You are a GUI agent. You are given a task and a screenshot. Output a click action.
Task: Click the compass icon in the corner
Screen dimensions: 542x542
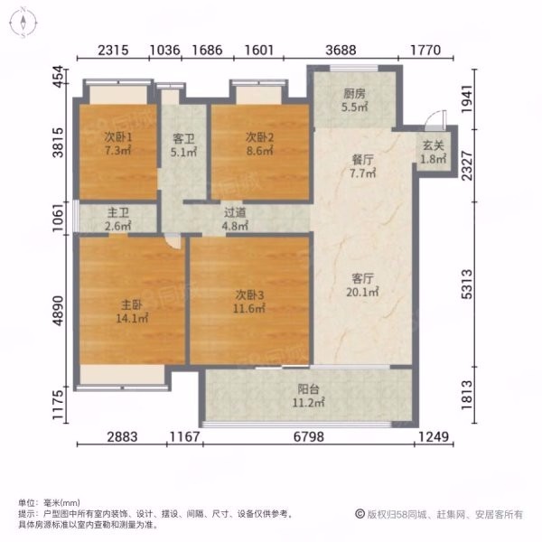click(x=23, y=23)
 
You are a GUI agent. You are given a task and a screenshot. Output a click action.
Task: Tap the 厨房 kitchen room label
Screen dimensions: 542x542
click(x=354, y=94)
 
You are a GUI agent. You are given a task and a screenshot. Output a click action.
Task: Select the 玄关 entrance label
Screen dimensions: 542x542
click(x=433, y=145)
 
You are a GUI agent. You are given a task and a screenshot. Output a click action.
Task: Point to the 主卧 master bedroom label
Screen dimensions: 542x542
click(x=132, y=305)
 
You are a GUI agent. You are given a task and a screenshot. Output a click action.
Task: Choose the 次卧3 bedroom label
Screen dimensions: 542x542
click(x=249, y=294)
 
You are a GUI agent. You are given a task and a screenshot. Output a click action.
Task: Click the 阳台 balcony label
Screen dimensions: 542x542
click(x=308, y=389)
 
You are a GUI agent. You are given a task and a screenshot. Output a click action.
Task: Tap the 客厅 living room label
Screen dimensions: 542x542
click(x=362, y=278)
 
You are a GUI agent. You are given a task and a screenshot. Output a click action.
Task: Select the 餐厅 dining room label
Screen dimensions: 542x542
click(x=362, y=160)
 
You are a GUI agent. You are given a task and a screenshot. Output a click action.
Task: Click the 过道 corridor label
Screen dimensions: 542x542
click(x=235, y=212)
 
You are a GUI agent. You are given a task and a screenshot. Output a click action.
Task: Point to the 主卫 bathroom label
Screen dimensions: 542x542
click(x=117, y=212)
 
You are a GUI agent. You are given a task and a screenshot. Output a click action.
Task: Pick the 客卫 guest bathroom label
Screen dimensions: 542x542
click(x=183, y=139)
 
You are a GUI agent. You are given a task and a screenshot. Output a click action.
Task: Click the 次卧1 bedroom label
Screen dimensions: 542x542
click(x=118, y=137)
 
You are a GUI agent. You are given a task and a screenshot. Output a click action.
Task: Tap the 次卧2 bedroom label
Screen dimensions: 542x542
click(x=259, y=137)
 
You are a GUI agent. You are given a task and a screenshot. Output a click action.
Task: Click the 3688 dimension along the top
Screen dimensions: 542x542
click(x=341, y=51)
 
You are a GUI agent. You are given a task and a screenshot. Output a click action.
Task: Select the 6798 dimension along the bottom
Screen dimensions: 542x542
click(x=309, y=437)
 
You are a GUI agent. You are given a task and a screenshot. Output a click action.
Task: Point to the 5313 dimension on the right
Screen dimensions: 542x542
click(x=467, y=285)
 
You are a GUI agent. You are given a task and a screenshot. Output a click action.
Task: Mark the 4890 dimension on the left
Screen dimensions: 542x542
click(x=59, y=311)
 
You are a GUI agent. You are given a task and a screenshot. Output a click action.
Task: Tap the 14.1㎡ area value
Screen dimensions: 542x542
click(x=132, y=318)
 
